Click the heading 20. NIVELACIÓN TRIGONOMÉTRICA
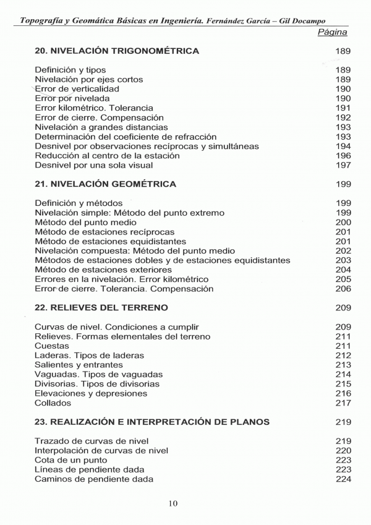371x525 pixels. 117,51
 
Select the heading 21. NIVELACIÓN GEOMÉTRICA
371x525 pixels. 105,184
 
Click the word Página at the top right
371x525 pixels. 332,32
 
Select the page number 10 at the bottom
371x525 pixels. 173,503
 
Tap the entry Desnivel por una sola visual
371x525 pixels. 94,165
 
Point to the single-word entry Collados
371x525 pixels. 53,403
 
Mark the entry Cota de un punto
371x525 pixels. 71,460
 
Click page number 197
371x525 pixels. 343,165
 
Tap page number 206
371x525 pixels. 343,289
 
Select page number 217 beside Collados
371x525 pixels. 343,403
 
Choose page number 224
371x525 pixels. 343,479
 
